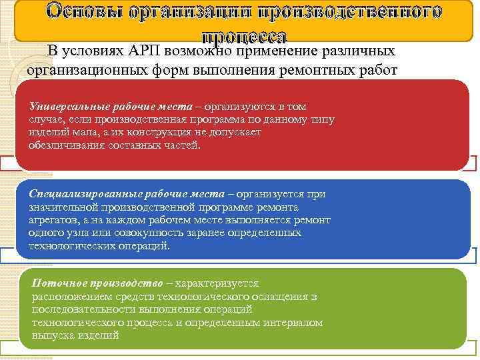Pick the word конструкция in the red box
139,132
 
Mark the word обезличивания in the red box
65,145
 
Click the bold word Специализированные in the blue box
83,194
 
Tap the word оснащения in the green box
279,296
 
